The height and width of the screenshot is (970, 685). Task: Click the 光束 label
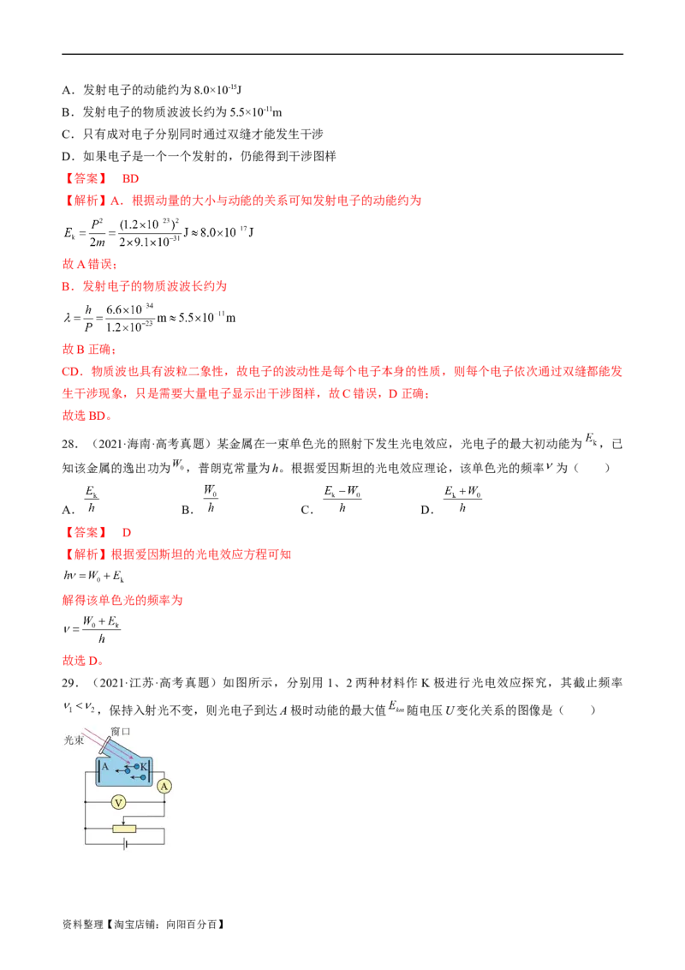(73, 740)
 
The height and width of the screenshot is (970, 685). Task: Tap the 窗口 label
(121, 731)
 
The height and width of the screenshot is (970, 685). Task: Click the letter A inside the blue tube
(105, 767)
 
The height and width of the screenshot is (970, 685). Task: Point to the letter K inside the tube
(144, 766)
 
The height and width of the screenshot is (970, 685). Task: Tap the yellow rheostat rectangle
(124, 829)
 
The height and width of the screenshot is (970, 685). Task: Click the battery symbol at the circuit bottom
(125, 844)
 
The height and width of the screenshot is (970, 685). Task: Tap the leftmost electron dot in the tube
(128, 770)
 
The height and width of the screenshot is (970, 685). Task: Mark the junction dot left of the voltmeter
(86, 803)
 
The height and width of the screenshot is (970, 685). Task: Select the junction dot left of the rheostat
(86, 829)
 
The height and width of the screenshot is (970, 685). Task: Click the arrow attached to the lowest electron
(134, 777)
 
